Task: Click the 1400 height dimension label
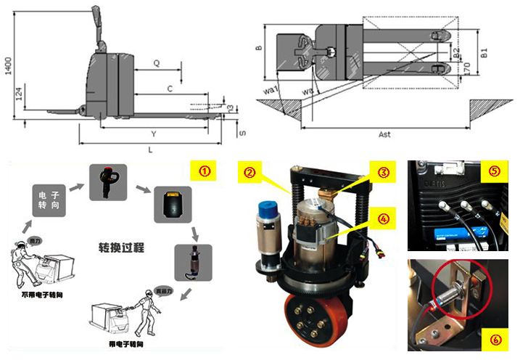(x=7, y=67)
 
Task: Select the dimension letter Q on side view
(x=157, y=63)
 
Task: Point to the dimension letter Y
(x=153, y=134)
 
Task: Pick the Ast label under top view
(x=384, y=134)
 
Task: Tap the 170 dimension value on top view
(x=468, y=70)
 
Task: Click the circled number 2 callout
(x=249, y=173)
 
